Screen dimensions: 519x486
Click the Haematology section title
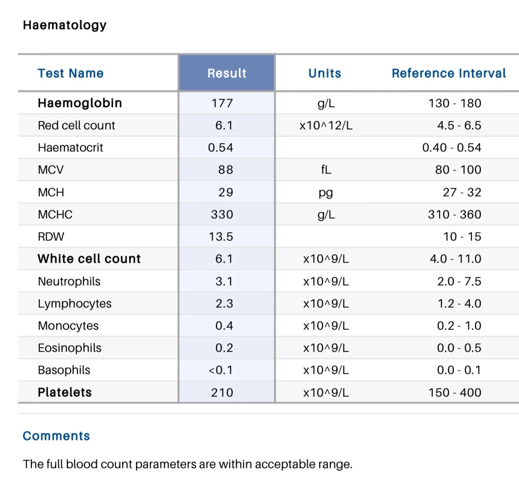tap(65, 25)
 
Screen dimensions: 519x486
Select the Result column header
tap(227, 73)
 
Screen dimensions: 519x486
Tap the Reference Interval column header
tap(449, 73)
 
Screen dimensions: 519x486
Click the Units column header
tap(325, 73)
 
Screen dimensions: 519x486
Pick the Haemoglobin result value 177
tap(222, 103)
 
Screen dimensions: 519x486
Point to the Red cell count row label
tap(77, 126)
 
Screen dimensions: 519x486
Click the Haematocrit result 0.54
tap(221, 148)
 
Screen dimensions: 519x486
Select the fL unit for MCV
tap(326, 170)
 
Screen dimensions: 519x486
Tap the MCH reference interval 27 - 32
tap(462, 192)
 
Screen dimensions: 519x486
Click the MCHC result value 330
tap(222, 215)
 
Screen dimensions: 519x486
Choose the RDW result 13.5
tap(221, 237)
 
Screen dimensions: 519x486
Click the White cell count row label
tap(89, 258)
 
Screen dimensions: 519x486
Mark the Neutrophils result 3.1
tap(224, 282)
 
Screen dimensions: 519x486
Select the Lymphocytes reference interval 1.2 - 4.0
tap(459, 304)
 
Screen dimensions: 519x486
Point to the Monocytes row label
tap(68, 326)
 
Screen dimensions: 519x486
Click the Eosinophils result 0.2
tap(224, 348)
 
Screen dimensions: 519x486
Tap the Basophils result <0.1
tap(221, 370)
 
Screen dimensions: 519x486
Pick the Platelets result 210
tap(222, 393)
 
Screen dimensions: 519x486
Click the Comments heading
tap(56, 436)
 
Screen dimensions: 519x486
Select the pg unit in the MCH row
tap(326, 193)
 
